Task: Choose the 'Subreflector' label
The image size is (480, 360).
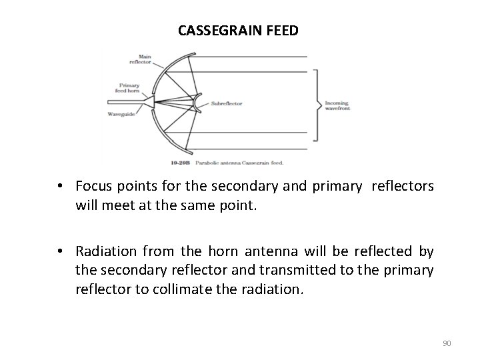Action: pos(227,103)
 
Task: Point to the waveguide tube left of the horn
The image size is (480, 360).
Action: pos(123,102)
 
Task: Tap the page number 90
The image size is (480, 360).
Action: pos(447,343)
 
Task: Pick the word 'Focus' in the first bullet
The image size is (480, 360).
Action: pos(93,186)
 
